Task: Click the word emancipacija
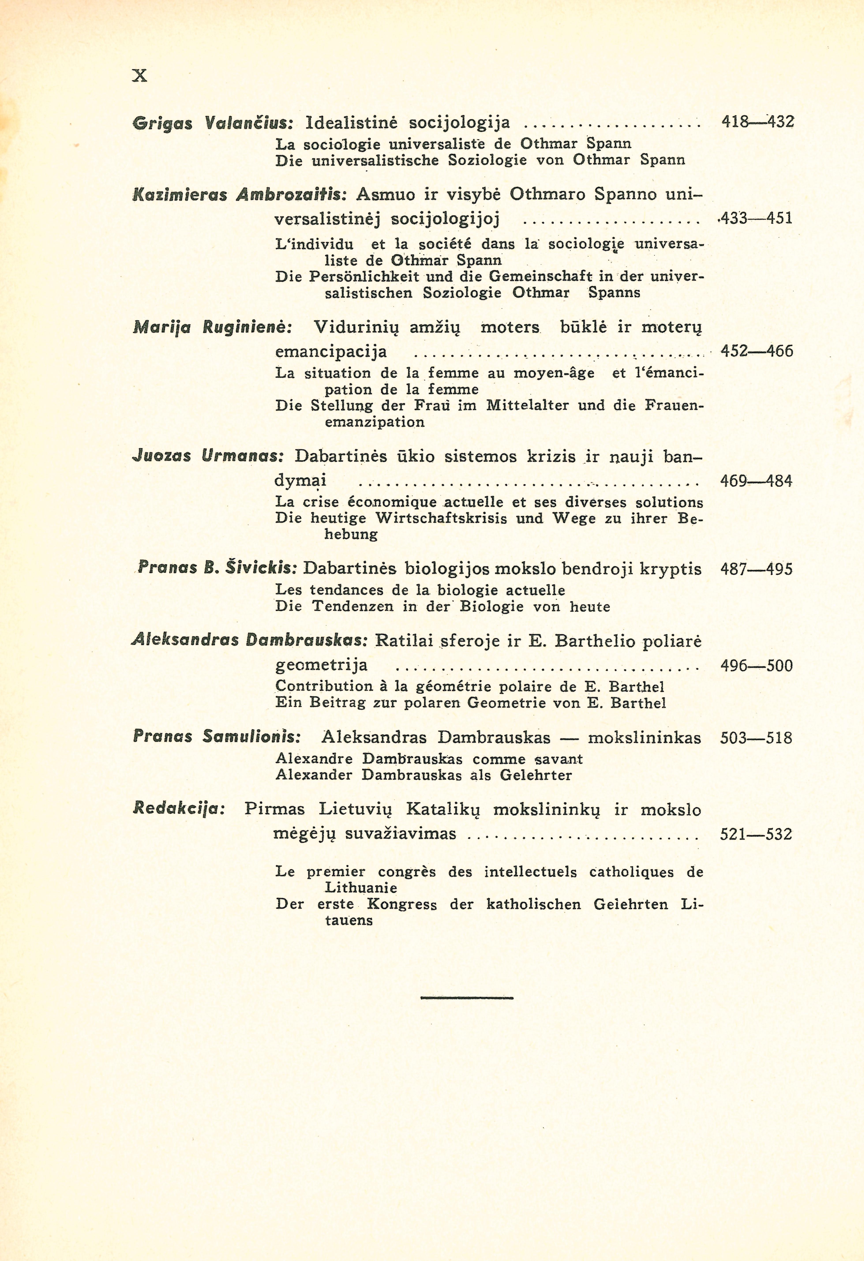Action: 331,352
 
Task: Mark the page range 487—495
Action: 756,569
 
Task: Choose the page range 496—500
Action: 756,665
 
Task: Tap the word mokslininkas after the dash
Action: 644,738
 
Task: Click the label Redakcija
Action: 179,809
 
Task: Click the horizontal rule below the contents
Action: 467,997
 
